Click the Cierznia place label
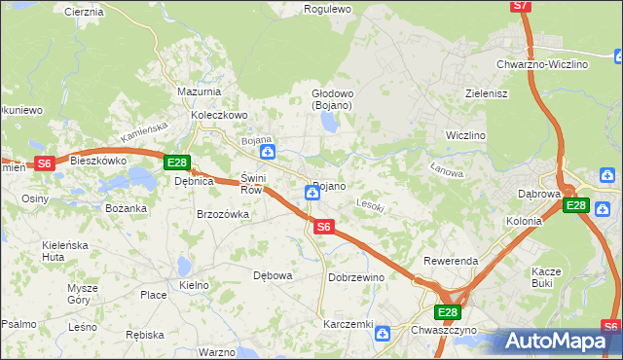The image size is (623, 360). click(x=83, y=12)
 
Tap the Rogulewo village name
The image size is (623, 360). click(x=327, y=9)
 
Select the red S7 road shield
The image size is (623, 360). click(x=521, y=6)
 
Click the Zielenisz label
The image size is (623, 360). click(x=488, y=93)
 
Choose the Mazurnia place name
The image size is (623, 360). click(x=198, y=91)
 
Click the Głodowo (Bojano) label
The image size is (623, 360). click(x=331, y=99)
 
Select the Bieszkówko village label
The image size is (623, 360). click(x=99, y=161)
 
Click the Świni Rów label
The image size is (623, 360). click(x=252, y=185)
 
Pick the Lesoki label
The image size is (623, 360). click(x=371, y=206)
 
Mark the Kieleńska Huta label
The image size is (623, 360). click(x=40, y=252)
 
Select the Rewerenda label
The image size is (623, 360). click(x=451, y=262)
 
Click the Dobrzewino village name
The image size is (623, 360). click(x=356, y=277)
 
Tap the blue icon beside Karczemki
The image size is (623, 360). click(x=383, y=334)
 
